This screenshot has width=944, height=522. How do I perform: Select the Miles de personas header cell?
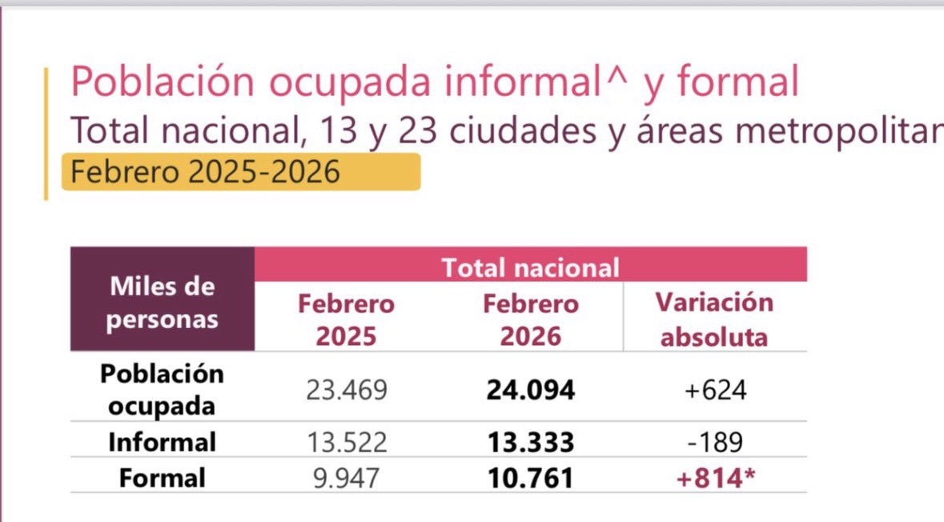pyautogui.click(x=163, y=303)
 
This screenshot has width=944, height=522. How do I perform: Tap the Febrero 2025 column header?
pyautogui.click(x=346, y=319)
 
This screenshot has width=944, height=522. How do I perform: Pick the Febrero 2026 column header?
pyautogui.click(x=530, y=319)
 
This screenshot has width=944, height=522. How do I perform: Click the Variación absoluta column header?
pyautogui.click(x=714, y=319)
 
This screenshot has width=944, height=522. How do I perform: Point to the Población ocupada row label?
pyautogui.click(x=163, y=390)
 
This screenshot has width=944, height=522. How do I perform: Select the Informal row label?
pyautogui.click(x=163, y=442)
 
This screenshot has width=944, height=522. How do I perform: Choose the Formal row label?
pyautogui.click(x=163, y=478)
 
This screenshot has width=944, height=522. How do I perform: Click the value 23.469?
pyautogui.click(x=346, y=390)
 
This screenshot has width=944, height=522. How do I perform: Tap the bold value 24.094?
pyautogui.click(x=530, y=390)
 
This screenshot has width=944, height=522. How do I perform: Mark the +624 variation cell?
pyautogui.click(x=713, y=390)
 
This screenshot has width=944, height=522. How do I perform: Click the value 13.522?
pyautogui.click(x=346, y=442)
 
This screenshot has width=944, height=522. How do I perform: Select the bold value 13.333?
pyautogui.click(x=530, y=442)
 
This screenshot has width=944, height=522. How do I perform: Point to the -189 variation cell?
pyautogui.click(x=713, y=442)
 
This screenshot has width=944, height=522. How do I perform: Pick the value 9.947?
pyautogui.click(x=346, y=478)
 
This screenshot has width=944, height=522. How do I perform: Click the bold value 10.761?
pyautogui.click(x=530, y=478)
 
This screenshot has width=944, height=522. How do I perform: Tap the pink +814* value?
pyautogui.click(x=715, y=478)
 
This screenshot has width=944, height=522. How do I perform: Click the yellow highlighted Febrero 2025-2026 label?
pyautogui.click(x=240, y=172)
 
